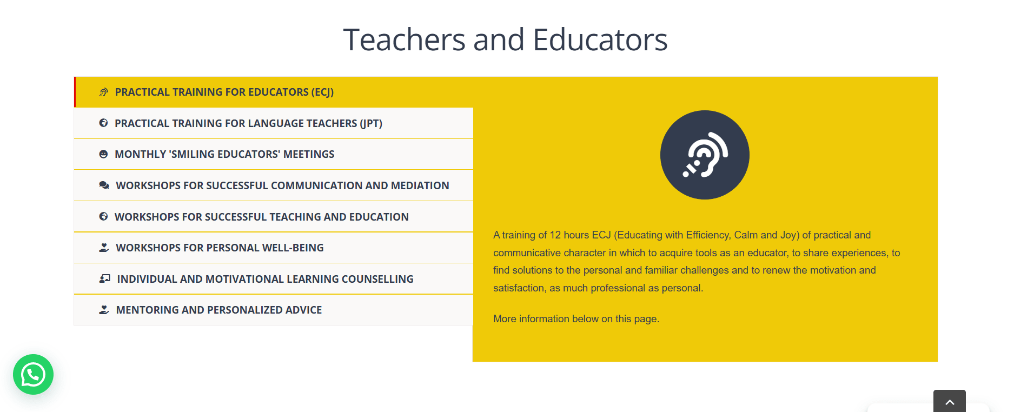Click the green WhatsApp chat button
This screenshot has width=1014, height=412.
pyautogui.click(x=33, y=374)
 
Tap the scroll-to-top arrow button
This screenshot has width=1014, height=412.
pyautogui.click(x=949, y=401)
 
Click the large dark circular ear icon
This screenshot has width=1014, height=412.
pyautogui.click(x=705, y=155)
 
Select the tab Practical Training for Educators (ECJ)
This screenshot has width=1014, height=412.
pyautogui.click(x=224, y=92)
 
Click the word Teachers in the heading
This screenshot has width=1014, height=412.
pyautogui.click(x=404, y=39)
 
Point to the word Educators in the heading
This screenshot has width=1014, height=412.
pyautogui.click(x=600, y=39)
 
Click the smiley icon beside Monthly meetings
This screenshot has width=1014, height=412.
pyautogui.click(x=103, y=154)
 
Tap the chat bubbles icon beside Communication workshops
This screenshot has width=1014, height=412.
pyautogui.click(x=104, y=185)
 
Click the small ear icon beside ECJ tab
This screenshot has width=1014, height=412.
pyautogui.click(x=103, y=92)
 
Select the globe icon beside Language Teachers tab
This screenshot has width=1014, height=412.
pyautogui.click(x=103, y=123)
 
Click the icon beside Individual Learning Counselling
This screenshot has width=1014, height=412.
pyautogui.click(x=105, y=279)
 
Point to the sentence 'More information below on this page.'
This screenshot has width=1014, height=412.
pyautogui.click(x=576, y=319)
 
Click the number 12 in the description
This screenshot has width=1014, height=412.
pyautogui.click(x=555, y=235)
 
